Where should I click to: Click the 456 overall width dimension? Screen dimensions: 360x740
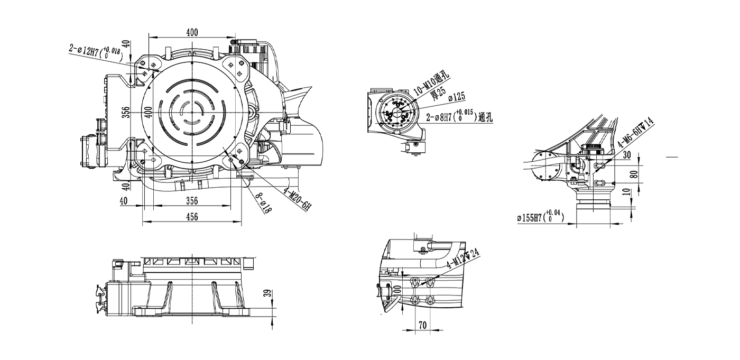[x=192, y=216]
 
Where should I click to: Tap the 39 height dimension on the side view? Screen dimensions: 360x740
[x=267, y=293]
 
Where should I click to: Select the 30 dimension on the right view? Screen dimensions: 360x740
[x=627, y=155]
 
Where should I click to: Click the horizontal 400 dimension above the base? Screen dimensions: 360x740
[x=192, y=32]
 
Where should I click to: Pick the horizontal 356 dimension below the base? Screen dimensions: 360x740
[x=192, y=200]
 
